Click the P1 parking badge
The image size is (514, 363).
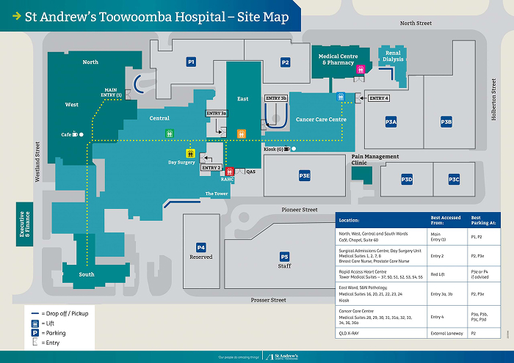[x=191, y=62]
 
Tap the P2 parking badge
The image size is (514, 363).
[x=285, y=62]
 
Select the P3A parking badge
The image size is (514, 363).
[x=391, y=122]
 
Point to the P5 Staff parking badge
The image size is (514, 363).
[x=284, y=257]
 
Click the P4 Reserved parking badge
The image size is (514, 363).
[x=200, y=248]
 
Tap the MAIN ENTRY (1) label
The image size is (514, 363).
[x=109, y=92]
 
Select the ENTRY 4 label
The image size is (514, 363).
[x=378, y=98]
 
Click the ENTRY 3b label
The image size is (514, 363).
[x=276, y=98]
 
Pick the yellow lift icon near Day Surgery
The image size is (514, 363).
[x=190, y=153]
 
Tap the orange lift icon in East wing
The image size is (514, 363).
[x=241, y=133]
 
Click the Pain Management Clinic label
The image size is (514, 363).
[x=374, y=159]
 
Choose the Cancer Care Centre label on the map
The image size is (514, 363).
[x=320, y=119]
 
